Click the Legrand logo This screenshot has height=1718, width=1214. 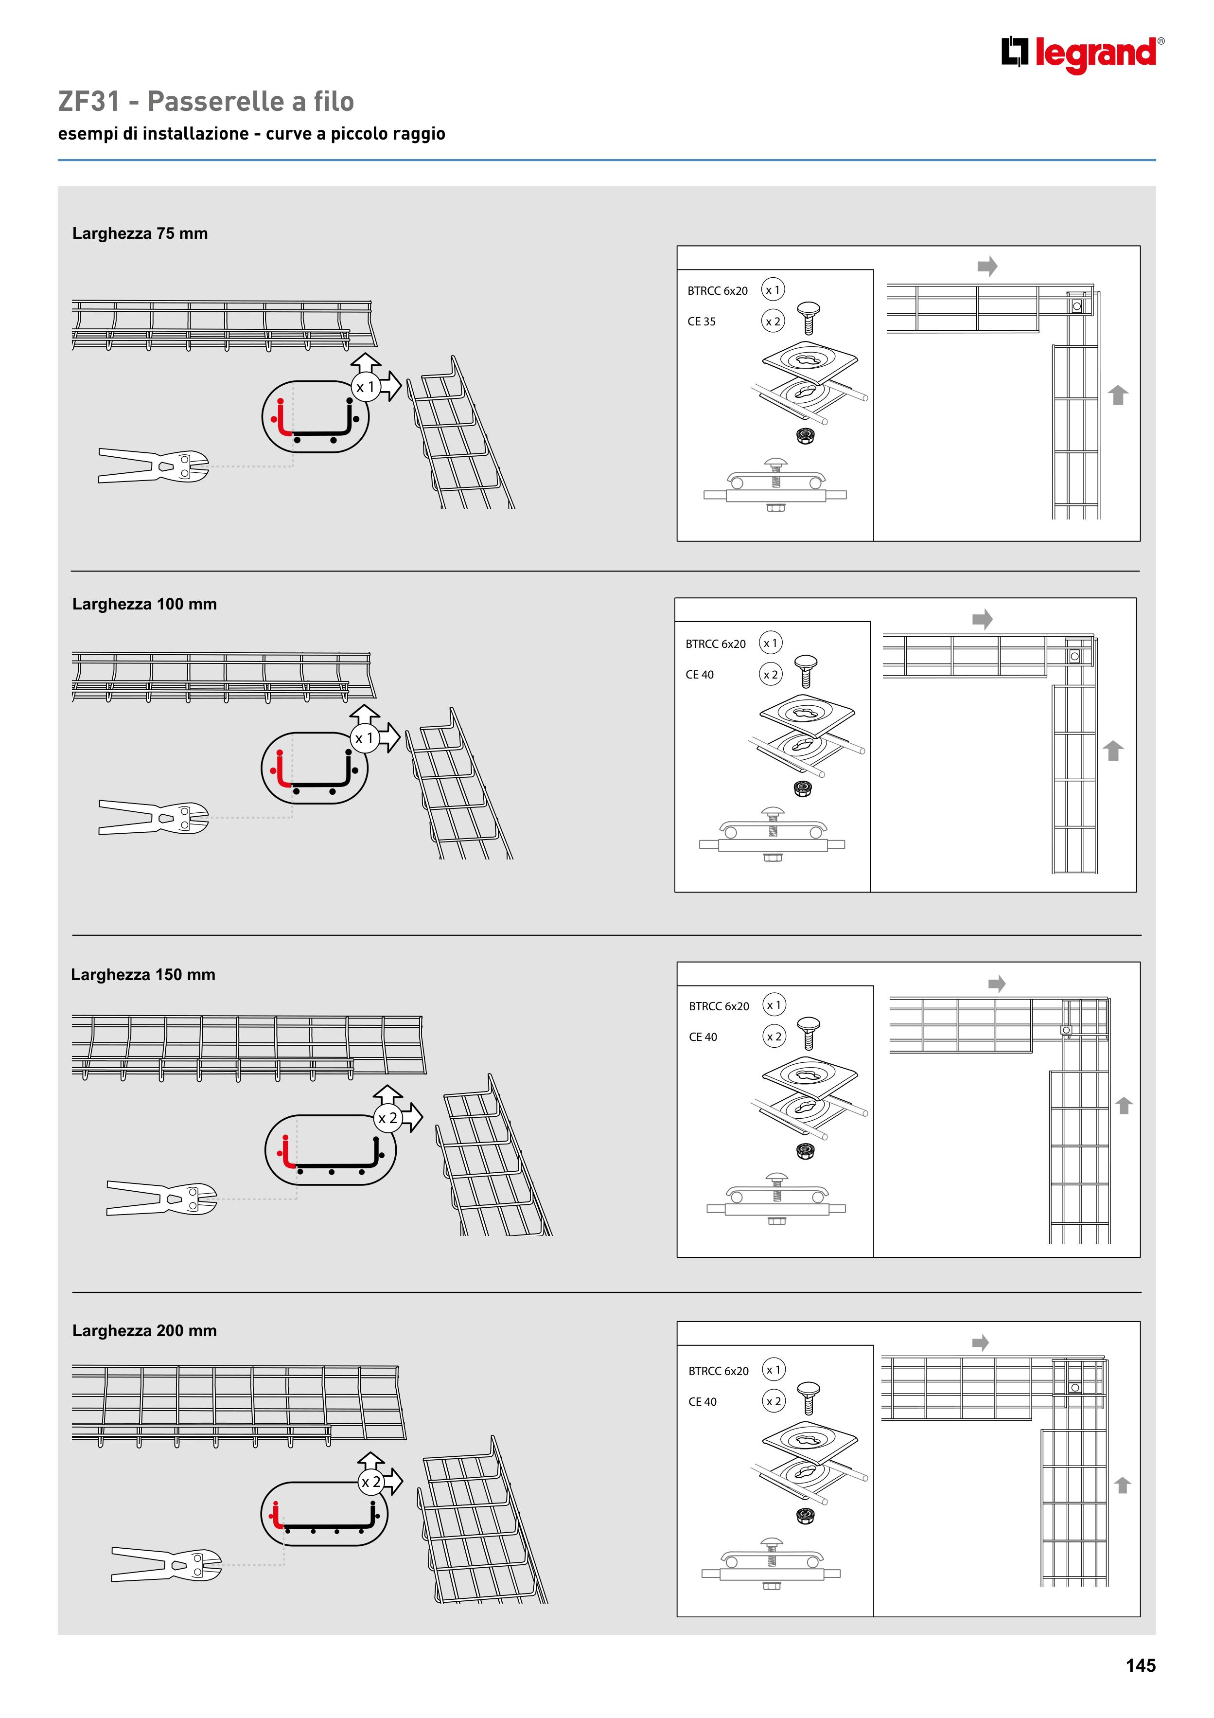[x=1082, y=54]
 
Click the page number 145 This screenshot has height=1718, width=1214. [x=1141, y=1665]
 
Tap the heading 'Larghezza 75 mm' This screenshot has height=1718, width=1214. [x=140, y=233]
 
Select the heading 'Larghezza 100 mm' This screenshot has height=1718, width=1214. [x=144, y=604]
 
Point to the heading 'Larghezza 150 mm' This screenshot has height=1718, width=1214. [x=143, y=974]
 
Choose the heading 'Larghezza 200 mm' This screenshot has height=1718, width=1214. [x=144, y=1330]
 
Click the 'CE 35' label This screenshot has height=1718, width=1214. [x=702, y=322]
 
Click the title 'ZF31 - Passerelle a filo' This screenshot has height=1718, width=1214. [x=206, y=101]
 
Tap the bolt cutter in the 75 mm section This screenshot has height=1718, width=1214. [x=153, y=465]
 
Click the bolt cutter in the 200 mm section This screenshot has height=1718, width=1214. [x=166, y=1564]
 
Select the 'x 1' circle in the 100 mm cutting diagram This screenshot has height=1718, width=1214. [x=364, y=738]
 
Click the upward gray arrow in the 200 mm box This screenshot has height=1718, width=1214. [x=1122, y=1485]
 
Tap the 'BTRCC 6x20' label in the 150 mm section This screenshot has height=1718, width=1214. [x=719, y=1006]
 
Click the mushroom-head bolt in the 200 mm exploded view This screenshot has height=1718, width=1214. [x=809, y=1398]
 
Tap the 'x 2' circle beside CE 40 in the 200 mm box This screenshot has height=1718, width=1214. [x=774, y=1401]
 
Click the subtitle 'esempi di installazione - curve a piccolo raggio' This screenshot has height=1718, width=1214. [x=251, y=134]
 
